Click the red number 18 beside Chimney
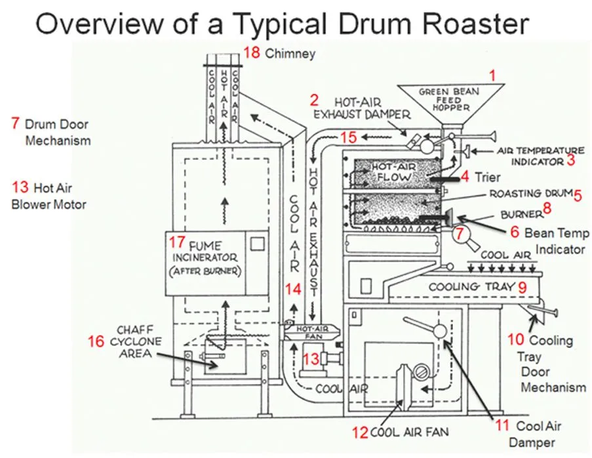coord(251,52)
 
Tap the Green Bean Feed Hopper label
coord(449,98)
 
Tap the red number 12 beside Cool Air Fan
coord(361,432)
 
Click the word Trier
coord(487,177)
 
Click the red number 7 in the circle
coord(460,233)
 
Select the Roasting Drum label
coord(530,194)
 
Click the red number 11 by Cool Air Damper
coord(502,425)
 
